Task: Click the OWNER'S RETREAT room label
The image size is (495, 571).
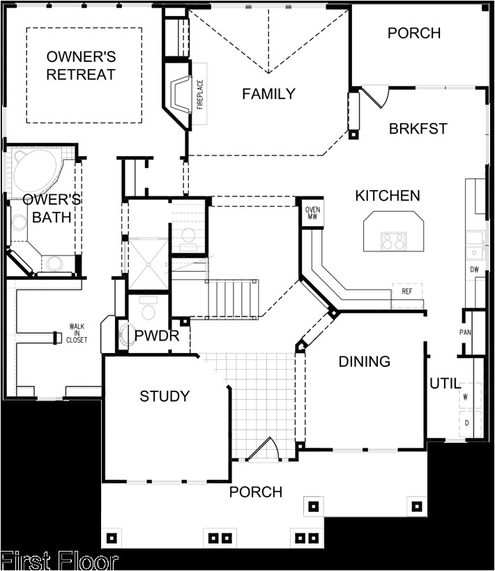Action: tap(81, 65)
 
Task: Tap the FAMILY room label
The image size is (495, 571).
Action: tap(268, 94)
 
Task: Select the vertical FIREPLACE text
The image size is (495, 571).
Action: tap(199, 95)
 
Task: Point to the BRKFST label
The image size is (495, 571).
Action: tap(418, 129)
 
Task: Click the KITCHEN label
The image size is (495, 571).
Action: tap(388, 196)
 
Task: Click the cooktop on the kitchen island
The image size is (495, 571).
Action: tap(393, 241)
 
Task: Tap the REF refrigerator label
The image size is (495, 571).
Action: tap(406, 292)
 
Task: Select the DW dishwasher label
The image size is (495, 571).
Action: tap(474, 269)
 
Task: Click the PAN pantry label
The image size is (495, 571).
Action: tap(465, 332)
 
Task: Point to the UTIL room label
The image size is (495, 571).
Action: tap(444, 383)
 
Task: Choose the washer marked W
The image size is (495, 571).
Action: tap(465, 396)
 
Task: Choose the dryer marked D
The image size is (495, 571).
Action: tap(465, 423)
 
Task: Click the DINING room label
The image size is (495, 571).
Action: tap(364, 361)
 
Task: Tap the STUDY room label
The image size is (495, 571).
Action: tap(165, 396)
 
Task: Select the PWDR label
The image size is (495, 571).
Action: tap(157, 337)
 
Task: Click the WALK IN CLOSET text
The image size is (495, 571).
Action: tap(77, 333)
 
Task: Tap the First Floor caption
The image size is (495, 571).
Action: tap(59, 561)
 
